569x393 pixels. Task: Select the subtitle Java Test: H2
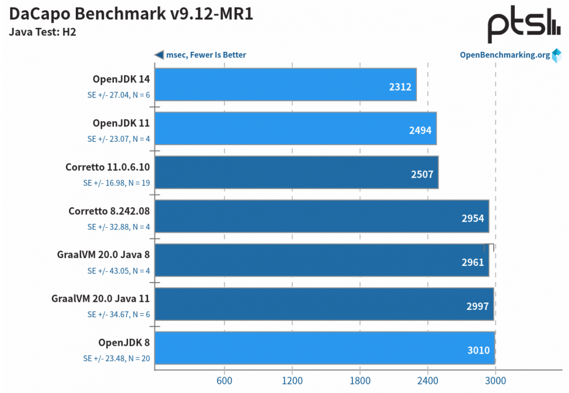(43, 32)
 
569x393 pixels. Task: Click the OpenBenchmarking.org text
(505, 55)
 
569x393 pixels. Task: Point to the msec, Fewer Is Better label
(206, 55)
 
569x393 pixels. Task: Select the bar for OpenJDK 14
(285, 84)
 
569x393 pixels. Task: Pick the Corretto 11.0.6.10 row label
(108, 167)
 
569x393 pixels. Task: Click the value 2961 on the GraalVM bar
(472, 263)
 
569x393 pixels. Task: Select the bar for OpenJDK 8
(324, 348)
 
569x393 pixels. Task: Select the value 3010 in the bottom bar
(478, 350)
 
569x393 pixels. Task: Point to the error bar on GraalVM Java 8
(489, 247)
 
